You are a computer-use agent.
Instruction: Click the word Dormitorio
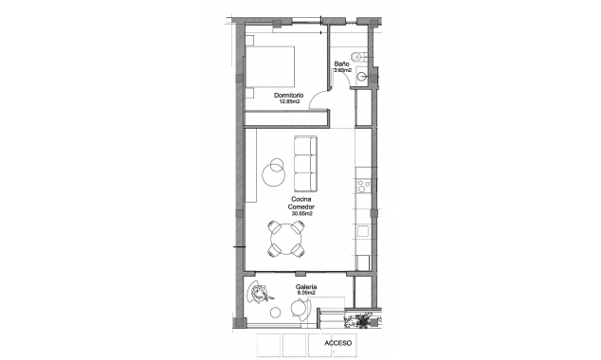tap(289, 96)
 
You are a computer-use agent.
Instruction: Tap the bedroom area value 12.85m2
tap(289, 102)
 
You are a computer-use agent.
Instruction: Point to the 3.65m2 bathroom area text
tap(342, 71)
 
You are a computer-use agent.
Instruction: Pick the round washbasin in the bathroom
tap(355, 54)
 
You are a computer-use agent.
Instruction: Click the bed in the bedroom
tap(275, 65)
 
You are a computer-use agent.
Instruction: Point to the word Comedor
tap(302, 207)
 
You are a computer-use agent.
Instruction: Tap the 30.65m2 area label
tap(302, 214)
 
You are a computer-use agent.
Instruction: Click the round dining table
tap(285, 240)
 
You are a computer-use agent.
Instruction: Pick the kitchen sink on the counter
tap(360, 231)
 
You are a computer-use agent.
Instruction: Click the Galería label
tap(305, 286)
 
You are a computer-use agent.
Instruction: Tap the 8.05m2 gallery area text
tap(305, 293)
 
